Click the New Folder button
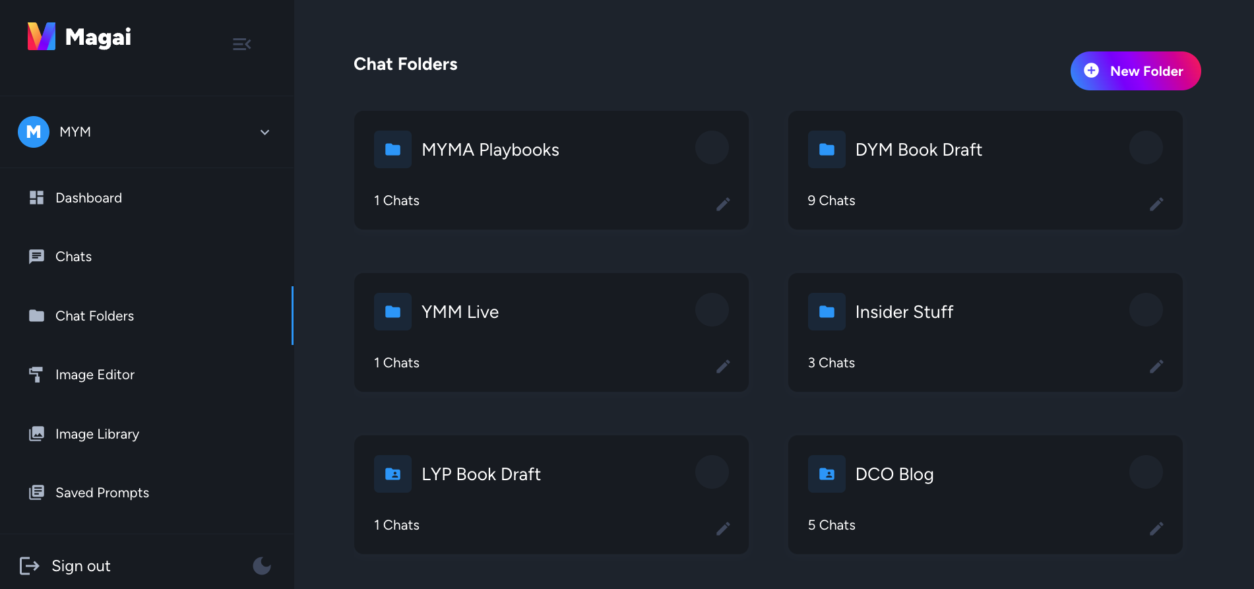pos(1135,71)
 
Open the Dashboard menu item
pos(88,198)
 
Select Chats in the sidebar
pos(73,257)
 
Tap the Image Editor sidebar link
pos(94,375)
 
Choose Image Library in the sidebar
pos(97,434)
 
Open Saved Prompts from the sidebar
pos(102,493)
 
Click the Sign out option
pos(80,566)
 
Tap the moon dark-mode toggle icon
pos(262,565)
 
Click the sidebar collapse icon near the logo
pos(241,44)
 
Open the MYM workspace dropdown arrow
pos(265,132)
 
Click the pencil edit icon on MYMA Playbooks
pos(723,204)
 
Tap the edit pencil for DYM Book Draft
pos(1156,204)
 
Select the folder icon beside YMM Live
pos(392,311)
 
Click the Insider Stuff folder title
pos(904,312)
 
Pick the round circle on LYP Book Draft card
pos(712,472)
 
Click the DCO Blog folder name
pos(894,474)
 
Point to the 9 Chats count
pos(831,201)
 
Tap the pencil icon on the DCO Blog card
pos(1156,528)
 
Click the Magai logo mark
pos(42,36)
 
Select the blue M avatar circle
pos(34,132)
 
